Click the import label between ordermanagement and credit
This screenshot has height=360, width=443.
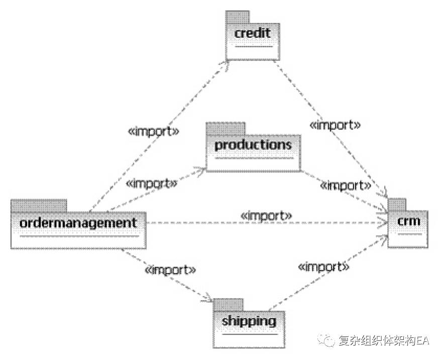tap(154, 132)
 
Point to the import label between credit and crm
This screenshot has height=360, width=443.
tap(335, 124)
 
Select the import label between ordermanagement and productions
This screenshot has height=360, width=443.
tap(152, 183)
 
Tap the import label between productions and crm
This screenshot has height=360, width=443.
tap(346, 186)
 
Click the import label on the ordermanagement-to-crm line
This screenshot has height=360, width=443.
tap(266, 215)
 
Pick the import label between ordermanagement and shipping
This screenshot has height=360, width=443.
tap(170, 269)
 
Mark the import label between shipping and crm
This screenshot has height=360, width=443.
tap(323, 266)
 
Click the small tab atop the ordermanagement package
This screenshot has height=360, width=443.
tap(38, 206)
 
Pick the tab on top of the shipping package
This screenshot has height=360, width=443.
tap(228, 304)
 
